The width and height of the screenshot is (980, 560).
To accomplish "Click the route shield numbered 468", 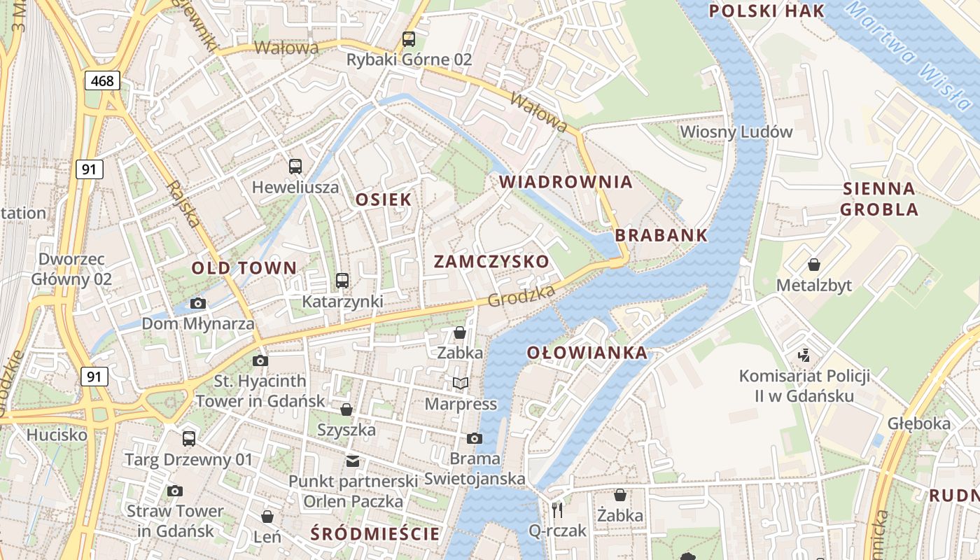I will click(102, 80).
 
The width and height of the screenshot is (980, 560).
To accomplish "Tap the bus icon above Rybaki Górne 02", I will click(409, 39).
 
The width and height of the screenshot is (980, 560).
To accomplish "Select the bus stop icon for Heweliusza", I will click(295, 167).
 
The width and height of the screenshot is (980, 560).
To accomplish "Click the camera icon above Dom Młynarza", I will click(198, 303).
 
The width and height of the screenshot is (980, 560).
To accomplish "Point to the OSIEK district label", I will click(384, 199).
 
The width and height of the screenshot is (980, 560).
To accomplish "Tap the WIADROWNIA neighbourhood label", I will click(566, 182).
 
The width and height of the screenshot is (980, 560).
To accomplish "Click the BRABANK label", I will click(661, 235).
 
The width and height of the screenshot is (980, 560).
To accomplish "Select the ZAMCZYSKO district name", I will click(491, 262).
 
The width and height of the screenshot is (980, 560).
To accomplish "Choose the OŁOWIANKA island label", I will click(587, 353).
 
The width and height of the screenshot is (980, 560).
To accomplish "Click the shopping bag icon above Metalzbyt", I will click(814, 265).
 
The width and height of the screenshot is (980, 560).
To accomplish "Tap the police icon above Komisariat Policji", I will click(804, 356).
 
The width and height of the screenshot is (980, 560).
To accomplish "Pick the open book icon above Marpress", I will click(461, 383).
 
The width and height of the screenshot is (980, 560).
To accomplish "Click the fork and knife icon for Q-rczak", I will click(557, 510).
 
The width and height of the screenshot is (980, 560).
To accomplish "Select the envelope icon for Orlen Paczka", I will click(352, 461).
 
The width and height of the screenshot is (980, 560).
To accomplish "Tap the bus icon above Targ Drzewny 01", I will click(189, 439).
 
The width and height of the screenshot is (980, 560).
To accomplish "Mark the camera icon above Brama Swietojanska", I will click(475, 438).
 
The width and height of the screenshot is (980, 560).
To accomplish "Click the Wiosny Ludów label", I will click(736, 132).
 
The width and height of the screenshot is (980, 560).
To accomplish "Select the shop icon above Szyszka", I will click(346, 409).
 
